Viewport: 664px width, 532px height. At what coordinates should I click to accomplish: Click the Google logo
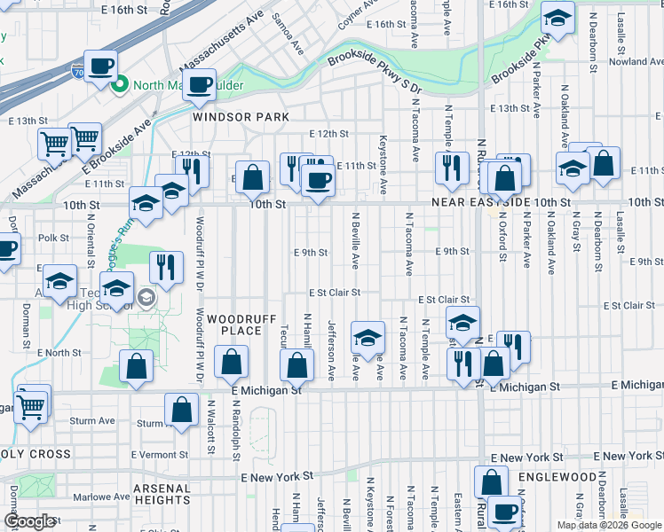click(30, 521)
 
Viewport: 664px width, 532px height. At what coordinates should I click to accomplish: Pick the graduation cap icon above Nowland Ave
click(557, 17)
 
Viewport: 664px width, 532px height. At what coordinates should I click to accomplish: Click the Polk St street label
click(53, 238)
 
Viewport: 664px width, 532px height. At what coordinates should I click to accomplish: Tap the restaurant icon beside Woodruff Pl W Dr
click(165, 265)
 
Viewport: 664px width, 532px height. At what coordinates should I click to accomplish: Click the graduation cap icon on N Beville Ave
click(368, 337)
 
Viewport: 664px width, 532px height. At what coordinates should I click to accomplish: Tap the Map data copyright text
click(608, 525)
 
